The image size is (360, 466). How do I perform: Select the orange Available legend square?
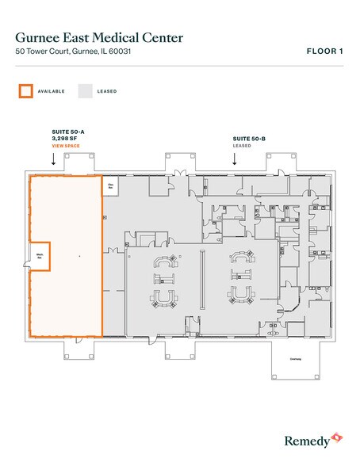tap(26, 91)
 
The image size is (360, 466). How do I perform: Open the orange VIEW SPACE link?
tap(63, 147)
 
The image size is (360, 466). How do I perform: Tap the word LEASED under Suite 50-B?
tap(241, 146)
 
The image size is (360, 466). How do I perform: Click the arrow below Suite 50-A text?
tap(52, 159)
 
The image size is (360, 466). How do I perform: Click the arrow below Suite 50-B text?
tap(234, 159)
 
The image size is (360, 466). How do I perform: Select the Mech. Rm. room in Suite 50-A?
tap(39, 255)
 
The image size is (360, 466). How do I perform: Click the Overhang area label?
tap(294, 358)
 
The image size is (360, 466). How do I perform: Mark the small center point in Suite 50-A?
tap(79, 257)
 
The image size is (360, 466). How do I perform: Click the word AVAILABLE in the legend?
tap(51, 91)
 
